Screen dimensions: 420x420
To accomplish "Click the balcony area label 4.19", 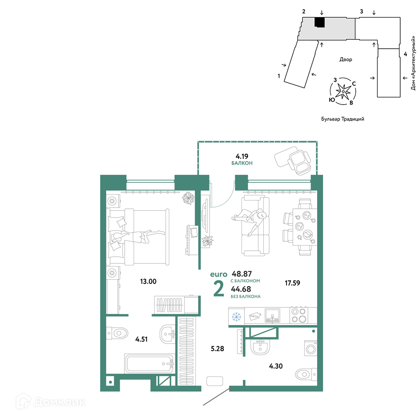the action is (242, 156).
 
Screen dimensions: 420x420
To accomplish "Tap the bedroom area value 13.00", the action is (148, 281).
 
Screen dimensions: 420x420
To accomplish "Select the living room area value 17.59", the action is (292, 283).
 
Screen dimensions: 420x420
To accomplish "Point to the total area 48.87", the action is (242, 274).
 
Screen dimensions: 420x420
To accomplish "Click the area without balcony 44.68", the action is (241, 289).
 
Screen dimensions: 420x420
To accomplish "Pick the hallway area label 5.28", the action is (217, 349).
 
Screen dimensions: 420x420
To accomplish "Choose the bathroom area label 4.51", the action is (141, 339).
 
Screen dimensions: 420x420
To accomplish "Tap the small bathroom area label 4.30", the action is (276, 366).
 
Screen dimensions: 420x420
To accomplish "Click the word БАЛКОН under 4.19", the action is (242, 163).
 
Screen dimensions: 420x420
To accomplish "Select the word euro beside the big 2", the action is (218, 274).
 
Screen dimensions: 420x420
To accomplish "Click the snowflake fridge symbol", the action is (236, 317).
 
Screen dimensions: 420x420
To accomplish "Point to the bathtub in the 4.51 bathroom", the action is (150, 363).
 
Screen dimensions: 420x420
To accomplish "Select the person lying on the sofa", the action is (249, 220).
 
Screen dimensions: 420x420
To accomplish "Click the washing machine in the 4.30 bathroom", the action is (311, 349).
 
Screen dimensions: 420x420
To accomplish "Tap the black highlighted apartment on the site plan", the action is (319, 22).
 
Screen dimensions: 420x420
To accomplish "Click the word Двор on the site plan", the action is (346, 60).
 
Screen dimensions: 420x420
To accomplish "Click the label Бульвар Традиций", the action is (343, 119).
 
